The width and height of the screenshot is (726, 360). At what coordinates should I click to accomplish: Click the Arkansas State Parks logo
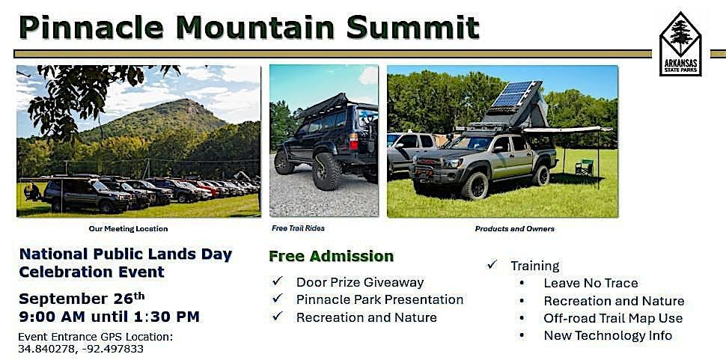coord(680,44)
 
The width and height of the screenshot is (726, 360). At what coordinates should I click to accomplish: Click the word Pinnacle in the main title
coord(91,27)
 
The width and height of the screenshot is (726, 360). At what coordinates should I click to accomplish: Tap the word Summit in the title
coord(412,27)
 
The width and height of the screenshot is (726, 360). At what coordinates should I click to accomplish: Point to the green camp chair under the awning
coord(585,167)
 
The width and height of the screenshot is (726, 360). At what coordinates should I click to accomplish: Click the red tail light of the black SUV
coord(354,141)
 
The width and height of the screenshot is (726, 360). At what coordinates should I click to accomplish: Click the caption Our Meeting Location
coord(128,228)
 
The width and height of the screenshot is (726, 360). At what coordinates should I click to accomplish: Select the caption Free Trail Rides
coord(298,228)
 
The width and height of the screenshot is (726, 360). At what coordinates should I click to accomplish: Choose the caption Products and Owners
coord(514,228)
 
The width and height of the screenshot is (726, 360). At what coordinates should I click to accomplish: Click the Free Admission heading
coord(331,257)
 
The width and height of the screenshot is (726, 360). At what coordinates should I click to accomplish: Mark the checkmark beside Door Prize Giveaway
coord(278,281)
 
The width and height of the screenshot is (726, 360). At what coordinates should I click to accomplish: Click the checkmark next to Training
coord(492,264)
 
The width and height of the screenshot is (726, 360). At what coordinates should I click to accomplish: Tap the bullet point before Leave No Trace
coord(522,283)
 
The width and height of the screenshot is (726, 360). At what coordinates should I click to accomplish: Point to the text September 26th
coord(82,299)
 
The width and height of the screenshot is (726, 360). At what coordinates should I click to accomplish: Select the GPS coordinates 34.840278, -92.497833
coord(81,349)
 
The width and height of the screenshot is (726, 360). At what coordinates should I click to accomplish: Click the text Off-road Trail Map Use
coord(613,318)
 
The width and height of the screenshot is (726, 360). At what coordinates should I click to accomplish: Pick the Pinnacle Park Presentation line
coord(379,299)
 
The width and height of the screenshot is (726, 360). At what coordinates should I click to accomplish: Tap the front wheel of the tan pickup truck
coord(474,186)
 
